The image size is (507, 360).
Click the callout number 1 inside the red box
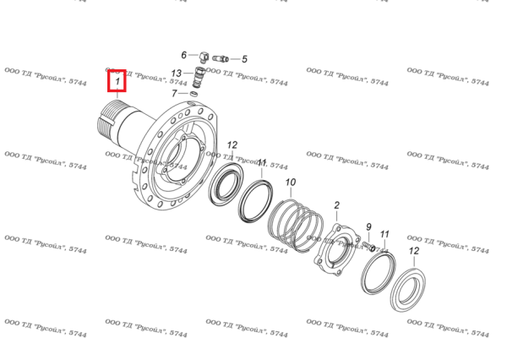[117, 81]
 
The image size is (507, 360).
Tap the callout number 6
[183, 55]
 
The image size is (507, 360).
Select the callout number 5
[244, 59]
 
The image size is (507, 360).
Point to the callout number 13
[177, 74]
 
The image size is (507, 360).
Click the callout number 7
[174, 93]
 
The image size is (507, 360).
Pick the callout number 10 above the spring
[291, 183]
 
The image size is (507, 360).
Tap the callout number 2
[336, 205]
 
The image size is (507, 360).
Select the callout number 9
[368, 227]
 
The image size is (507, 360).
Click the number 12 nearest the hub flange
[232, 145]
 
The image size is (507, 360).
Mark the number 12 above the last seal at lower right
[414, 251]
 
